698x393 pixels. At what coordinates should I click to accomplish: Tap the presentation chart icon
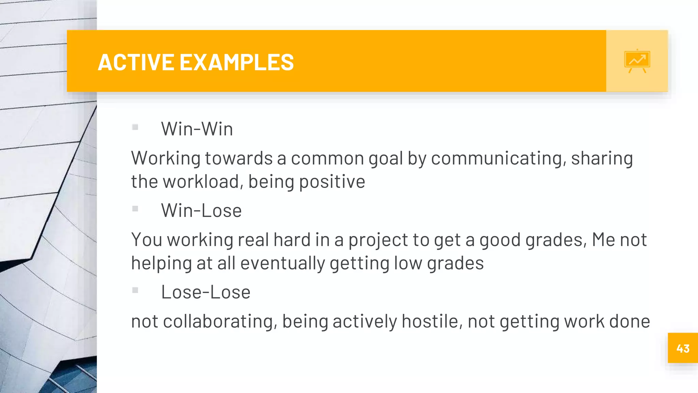coord(637,61)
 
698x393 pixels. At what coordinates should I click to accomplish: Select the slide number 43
coord(683,348)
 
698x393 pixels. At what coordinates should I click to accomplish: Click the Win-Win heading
coord(197,129)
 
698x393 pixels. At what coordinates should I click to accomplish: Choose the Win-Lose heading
coord(201,210)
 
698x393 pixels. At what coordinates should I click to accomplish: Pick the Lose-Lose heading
coord(206,292)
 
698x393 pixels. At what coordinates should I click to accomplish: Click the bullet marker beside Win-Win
coord(135,127)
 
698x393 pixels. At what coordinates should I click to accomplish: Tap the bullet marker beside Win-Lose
coord(135,209)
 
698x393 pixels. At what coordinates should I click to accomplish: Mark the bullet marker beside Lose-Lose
coord(135,290)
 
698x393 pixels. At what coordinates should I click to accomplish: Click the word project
coord(378,240)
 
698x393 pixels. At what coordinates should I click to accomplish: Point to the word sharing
coord(602,159)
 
